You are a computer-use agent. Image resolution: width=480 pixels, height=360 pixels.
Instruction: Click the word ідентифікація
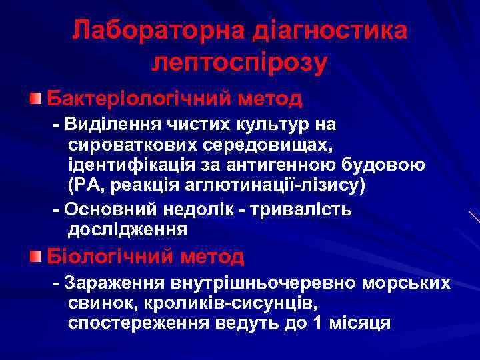coord(132,164)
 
